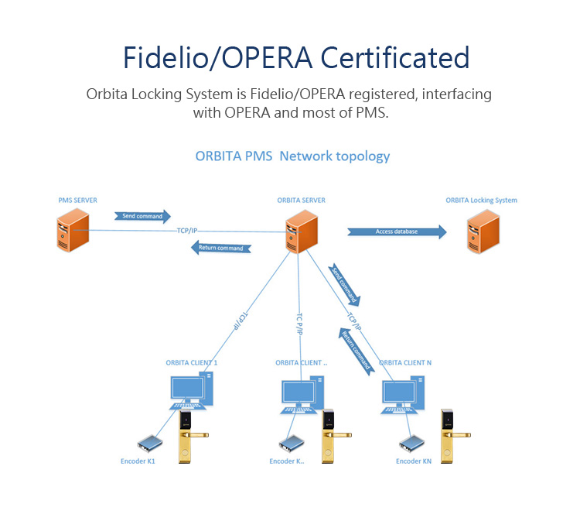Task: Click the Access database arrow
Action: [x=397, y=231]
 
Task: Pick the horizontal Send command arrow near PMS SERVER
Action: [x=142, y=216]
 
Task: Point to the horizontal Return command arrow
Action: [x=220, y=248]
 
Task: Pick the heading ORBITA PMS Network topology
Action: [x=292, y=156]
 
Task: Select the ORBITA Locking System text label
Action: [x=481, y=201]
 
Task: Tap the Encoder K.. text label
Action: [x=287, y=461]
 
